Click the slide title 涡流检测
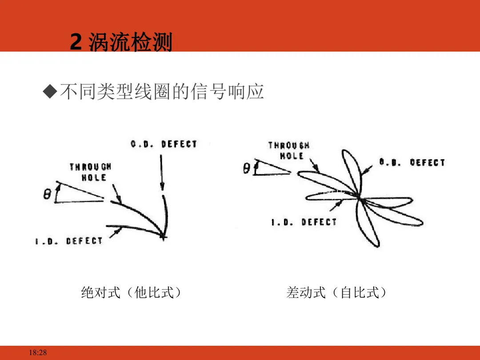coord(130,43)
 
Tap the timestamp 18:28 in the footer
coord(38,353)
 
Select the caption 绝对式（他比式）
coord(132,292)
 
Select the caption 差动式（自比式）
coord(337,292)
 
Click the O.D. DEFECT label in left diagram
coord(164,144)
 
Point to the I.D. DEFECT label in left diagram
coord(69,241)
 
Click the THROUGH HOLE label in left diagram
coord(90,172)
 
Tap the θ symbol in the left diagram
coord(47,194)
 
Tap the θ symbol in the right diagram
coord(247,168)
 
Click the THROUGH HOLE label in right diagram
coord(289,151)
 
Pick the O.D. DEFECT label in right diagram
coord(412,163)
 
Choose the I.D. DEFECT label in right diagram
coord(304,222)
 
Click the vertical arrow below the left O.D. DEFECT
coord(162,173)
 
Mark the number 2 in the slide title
coord(76,43)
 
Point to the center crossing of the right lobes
coord(359,197)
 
